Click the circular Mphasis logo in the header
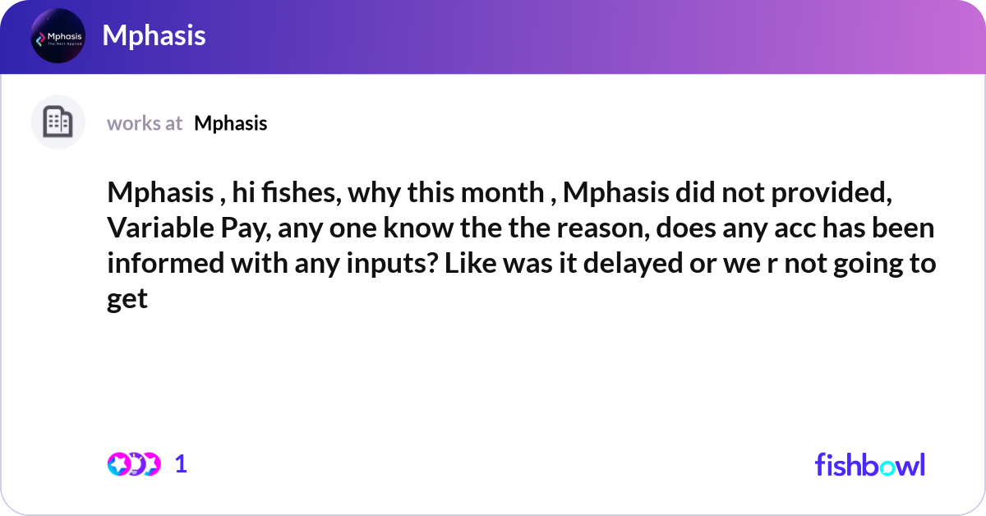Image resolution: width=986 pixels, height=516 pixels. point(58,36)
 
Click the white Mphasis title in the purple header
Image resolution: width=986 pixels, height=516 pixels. point(154,35)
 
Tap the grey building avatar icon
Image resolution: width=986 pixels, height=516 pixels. point(58,122)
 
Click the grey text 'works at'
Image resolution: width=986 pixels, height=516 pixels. point(145,123)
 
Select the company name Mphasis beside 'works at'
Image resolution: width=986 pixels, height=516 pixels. point(231,123)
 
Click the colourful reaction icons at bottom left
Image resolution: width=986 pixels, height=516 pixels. point(134,464)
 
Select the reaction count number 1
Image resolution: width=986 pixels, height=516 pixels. point(181,464)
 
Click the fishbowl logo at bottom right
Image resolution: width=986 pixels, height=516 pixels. point(869,464)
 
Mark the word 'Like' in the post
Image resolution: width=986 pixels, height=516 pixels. point(465,265)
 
